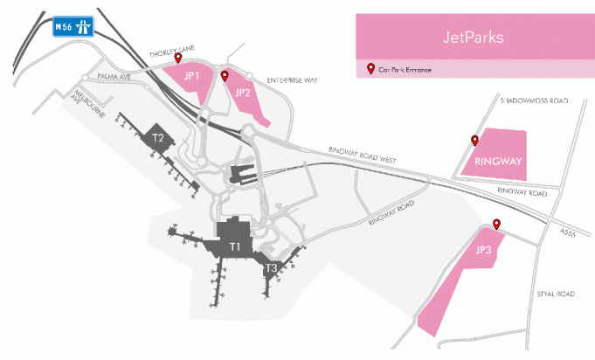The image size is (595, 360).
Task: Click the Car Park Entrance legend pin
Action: (x=370, y=68)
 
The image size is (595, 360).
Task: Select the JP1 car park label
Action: (x=192, y=76)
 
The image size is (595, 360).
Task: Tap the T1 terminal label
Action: (x=235, y=247)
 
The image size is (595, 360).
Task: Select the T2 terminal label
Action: (x=158, y=137)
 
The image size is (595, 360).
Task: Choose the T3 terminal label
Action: (x=272, y=268)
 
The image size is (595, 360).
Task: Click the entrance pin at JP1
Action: (x=179, y=59)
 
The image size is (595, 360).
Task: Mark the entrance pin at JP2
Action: (x=225, y=75)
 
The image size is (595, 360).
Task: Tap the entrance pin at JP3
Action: (x=496, y=224)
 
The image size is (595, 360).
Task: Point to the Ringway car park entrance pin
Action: (x=474, y=140)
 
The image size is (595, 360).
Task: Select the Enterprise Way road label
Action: (x=293, y=80)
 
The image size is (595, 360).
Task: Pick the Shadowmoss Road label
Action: (x=533, y=101)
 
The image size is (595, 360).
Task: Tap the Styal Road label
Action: (x=550, y=295)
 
